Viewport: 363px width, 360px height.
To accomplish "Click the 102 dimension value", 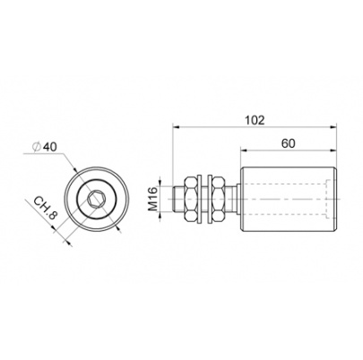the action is coord(255,120).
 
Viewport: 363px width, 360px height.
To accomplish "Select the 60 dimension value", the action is coord(288,143).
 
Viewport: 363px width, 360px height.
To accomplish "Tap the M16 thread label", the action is coord(152,199).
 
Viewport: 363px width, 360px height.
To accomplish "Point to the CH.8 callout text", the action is coord(45,208).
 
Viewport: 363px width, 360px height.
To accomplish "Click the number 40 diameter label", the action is coord(49,147).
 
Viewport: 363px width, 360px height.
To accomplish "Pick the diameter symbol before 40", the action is coord(37,147).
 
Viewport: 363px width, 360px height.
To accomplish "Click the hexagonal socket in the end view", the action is coord(95,199).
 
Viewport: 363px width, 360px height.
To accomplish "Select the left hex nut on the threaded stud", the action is coord(191,199).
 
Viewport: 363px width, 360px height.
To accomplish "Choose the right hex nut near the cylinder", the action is coord(218,199).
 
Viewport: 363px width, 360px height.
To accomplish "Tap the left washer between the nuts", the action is coord(200,199).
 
